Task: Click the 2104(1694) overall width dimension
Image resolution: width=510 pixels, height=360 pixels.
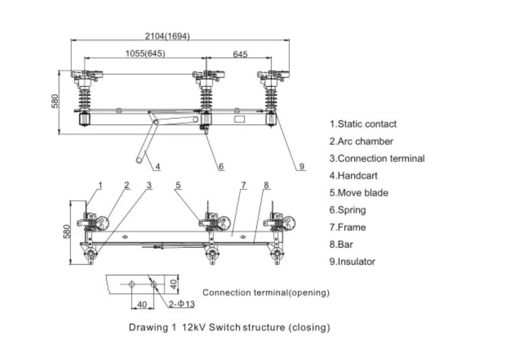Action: click(x=167, y=36)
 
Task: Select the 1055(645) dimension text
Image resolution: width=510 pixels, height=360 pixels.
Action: click(x=145, y=54)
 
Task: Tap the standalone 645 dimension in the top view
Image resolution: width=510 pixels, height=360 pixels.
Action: click(x=240, y=54)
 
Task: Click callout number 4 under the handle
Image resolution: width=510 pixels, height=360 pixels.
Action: click(x=158, y=166)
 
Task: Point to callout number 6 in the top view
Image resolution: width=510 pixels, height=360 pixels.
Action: click(x=221, y=166)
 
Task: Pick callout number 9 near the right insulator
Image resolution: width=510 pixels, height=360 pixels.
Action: click(x=302, y=166)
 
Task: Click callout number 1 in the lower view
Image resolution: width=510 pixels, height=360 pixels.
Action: click(x=100, y=185)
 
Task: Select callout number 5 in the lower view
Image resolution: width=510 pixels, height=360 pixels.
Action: click(x=178, y=185)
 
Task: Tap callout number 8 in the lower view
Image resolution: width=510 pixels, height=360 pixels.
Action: click(x=266, y=185)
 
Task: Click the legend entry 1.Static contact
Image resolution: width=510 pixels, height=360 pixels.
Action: click(x=363, y=124)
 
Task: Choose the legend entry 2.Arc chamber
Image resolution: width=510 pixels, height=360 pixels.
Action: click(x=361, y=141)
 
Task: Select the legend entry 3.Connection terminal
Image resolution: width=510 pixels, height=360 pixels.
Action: click(x=377, y=159)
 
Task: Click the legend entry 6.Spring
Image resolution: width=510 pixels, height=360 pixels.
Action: click(x=347, y=210)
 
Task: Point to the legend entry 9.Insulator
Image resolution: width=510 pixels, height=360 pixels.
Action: click(x=352, y=261)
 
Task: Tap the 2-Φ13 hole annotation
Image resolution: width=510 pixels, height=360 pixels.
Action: click(x=181, y=304)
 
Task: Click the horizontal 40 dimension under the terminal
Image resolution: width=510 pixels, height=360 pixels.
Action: click(x=142, y=304)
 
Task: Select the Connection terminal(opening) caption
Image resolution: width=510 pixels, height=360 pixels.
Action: click(x=266, y=292)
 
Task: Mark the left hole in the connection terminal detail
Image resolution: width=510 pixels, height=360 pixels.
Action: click(x=132, y=284)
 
